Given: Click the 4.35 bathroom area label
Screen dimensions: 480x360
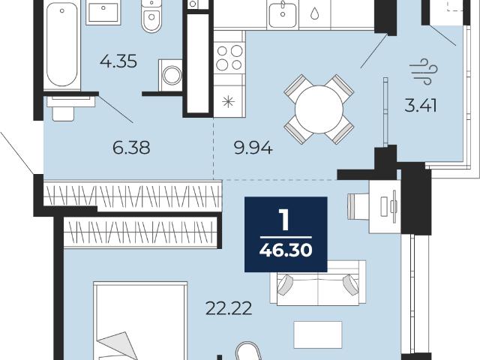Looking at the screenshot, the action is point(118,61).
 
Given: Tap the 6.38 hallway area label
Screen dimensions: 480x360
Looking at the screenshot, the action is point(131,148).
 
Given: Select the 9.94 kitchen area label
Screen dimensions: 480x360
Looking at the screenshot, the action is point(253,148).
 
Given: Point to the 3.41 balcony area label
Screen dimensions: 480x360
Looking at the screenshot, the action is point(421,106).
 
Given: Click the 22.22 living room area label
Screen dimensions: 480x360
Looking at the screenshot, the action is point(229,308).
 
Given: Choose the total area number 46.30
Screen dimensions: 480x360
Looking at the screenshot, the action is point(286,251).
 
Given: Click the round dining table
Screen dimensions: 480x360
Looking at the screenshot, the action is point(319,109).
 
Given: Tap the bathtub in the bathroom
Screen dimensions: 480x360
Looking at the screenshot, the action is point(62,45).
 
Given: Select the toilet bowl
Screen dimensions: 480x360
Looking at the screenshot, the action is point(151,16).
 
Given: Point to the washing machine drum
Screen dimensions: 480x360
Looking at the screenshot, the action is point(172,75).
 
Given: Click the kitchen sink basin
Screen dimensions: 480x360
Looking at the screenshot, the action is point(283,13).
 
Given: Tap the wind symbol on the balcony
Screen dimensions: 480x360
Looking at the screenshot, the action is point(424,72).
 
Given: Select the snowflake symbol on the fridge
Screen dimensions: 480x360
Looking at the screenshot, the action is point(229,102).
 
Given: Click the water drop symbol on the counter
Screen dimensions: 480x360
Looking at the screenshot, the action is point(314,13).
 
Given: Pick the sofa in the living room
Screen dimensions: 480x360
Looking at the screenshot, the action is point(318,283).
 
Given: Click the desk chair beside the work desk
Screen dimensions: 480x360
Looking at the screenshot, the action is point(358,206).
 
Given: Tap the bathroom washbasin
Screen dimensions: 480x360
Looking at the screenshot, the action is point(103,12).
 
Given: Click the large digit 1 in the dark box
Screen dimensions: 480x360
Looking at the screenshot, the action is point(285,220).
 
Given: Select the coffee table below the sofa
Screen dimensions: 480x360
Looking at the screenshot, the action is point(318,334).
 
